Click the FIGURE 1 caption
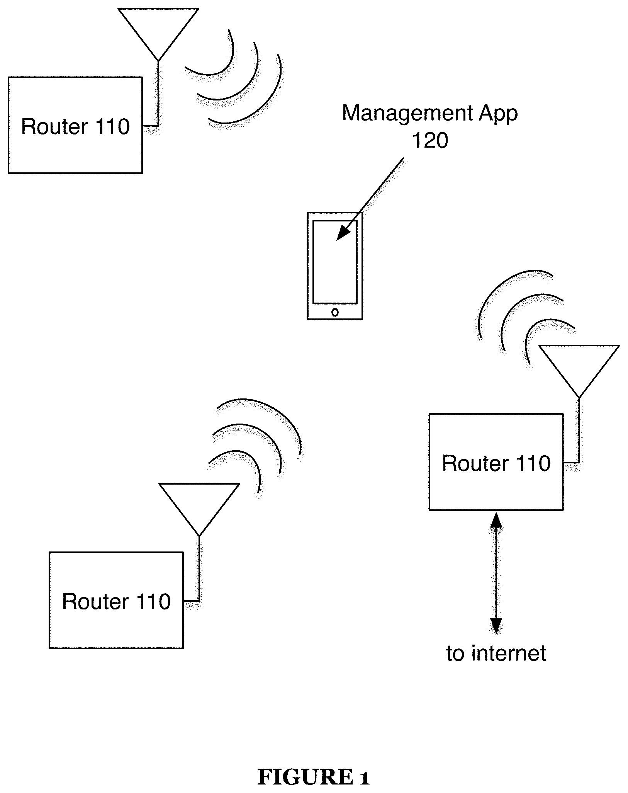(x=314, y=766)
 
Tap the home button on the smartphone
(x=335, y=312)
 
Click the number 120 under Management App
(x=430, y=140)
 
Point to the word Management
(x=407, y=113)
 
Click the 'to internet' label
(x=496, y=653)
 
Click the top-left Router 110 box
(x=75, y=125)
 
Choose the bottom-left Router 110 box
(x=116, y=600)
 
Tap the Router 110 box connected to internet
(x=496, y=462)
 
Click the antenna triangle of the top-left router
(x=158, y=29)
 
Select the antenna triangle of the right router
(x=579, y=365)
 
